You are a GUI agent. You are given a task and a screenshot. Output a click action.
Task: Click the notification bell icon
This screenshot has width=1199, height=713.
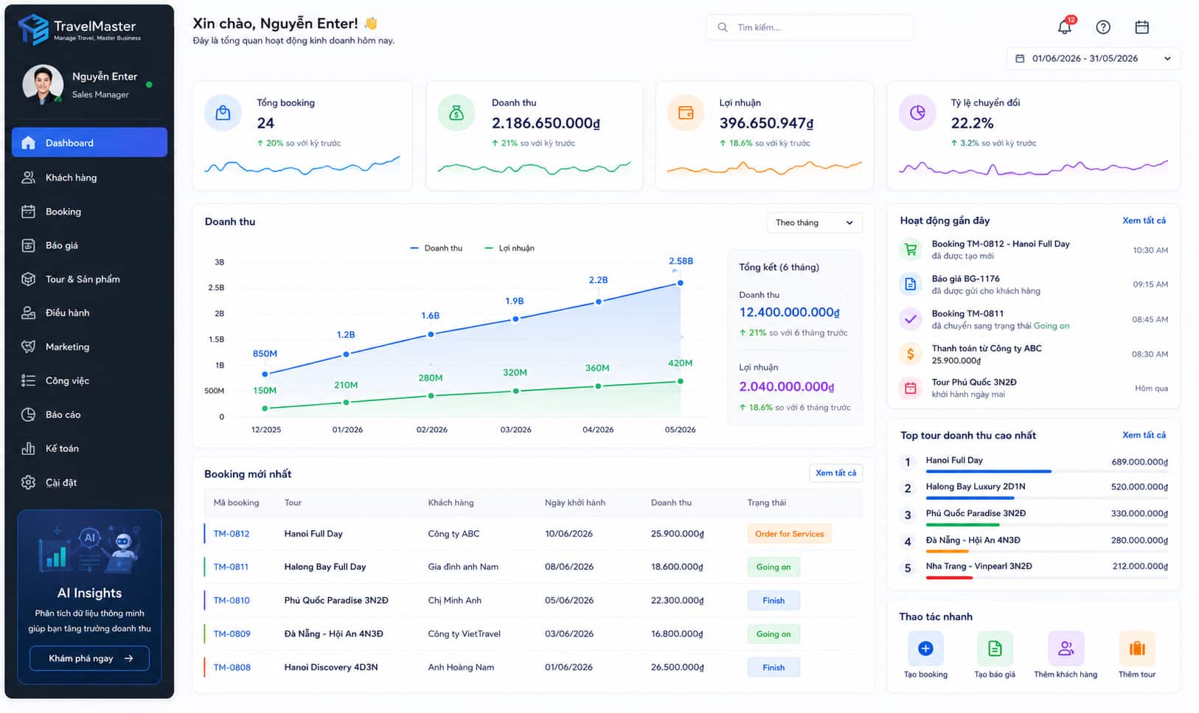[1065, 27]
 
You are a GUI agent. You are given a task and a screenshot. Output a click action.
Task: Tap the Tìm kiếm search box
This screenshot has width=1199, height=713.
[810, 27]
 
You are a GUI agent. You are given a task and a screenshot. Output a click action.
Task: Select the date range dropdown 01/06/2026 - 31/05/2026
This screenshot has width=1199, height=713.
[1093, 58]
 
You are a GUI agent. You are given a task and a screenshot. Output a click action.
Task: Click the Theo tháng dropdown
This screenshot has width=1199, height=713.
[814, 223]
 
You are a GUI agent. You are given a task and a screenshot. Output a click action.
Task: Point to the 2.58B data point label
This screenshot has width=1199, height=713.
[681, 261]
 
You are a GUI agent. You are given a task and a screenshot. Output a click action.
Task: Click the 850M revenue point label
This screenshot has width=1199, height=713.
[265, 353]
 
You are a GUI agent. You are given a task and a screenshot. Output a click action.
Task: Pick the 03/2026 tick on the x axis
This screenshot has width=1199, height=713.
[515, 429]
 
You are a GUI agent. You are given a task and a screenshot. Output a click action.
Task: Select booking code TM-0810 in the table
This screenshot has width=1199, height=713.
[232, 600]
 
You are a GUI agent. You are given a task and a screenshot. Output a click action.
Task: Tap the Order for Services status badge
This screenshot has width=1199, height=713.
[789, 534]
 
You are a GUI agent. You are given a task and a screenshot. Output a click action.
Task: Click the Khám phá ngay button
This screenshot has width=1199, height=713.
[89, 658]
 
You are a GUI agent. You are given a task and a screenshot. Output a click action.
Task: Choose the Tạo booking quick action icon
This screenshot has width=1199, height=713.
[925, 648]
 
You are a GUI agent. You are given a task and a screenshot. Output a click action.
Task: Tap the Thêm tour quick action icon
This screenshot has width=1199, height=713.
[1137, 648]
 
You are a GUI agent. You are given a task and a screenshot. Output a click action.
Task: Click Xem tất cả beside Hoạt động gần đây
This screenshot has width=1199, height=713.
[1144, 220]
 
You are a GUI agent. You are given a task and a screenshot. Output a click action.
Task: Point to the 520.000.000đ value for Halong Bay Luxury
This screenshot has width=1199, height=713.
[1139, 487]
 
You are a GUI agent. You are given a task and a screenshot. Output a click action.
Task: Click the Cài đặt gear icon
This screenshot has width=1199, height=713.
[28, 482]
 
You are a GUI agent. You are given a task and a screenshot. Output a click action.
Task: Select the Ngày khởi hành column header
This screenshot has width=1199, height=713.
[575, 503]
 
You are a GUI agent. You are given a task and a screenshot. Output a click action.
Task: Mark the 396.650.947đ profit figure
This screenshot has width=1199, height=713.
[766, 123]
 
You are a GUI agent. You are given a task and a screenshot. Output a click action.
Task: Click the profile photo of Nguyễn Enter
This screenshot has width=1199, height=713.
[42, 84]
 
